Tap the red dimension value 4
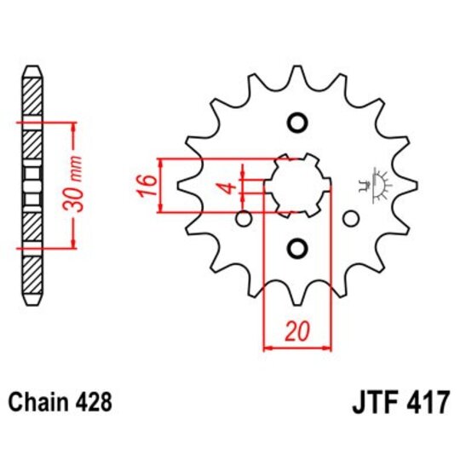[227, 185]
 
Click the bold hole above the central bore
[296, 124]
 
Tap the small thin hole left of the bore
[244, 220]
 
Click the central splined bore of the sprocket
[296, 185]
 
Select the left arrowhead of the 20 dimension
[268, 347]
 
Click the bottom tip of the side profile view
[31, 305]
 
